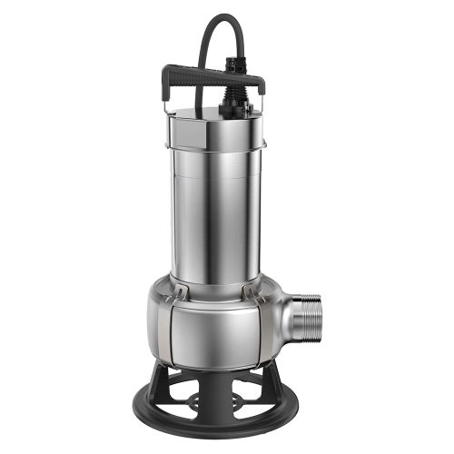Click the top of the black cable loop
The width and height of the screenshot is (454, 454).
218,18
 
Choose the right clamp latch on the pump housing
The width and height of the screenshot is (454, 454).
253,291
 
